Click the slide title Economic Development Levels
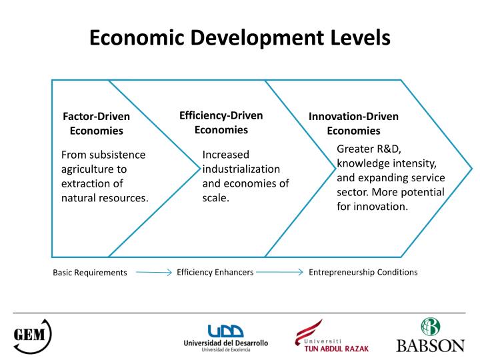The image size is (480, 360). tap(239, 37)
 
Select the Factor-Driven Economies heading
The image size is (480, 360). tap(97, 123)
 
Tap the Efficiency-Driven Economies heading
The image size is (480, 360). tap(221, 122)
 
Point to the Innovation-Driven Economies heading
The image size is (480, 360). tap(353, 123)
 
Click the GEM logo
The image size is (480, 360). tap(33, 333)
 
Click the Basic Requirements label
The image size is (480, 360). tap(90, 273)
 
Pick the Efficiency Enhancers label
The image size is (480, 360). tap(215, 272)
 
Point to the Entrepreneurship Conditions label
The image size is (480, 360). tap(363, 272)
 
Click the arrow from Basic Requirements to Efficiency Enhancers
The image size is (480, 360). tap(153, 272)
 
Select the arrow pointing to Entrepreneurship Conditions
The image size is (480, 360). tap(280, 272)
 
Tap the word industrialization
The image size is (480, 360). tap(241, 169)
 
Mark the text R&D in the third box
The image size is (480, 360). tap(385, 149)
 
